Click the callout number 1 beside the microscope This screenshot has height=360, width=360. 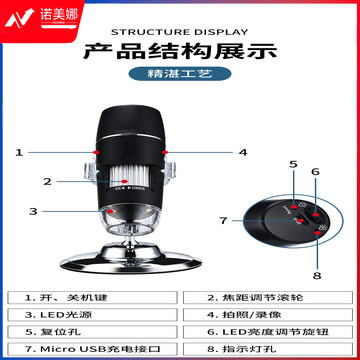[x=19, y=153]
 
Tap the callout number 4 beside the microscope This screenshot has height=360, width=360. [x=243, y=153]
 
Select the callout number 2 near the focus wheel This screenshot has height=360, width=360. [x=48, y=182]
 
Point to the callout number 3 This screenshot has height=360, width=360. [x=33, y=211]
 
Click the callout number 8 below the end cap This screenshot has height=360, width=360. [x=317, y=276]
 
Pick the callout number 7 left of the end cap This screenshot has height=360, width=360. [x=223, y=220]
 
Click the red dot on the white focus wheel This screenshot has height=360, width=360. [x=125, y=181]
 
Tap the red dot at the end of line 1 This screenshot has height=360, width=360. [x=96, y=152]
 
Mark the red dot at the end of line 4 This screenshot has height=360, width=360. [x=164, y=152]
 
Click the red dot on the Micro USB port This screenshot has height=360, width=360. [x=301, y=220]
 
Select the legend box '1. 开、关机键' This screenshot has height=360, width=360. [x=92, y=298]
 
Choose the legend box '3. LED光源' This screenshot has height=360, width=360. [x=92, y=315]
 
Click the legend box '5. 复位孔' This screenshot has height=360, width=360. [x=92, y=332]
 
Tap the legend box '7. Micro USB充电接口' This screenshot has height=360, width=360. [x=92, y=349]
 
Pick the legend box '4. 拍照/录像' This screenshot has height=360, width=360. [x=268, y=315]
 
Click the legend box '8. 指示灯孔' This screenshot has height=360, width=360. [x=268, y=349]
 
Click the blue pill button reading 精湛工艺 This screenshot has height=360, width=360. [x=180, y=74]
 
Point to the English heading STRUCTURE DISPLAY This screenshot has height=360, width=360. [x=180, y=32]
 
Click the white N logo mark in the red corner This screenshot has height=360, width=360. [x=19, y=18]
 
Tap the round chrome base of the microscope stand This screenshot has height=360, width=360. [x=131, y=261]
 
